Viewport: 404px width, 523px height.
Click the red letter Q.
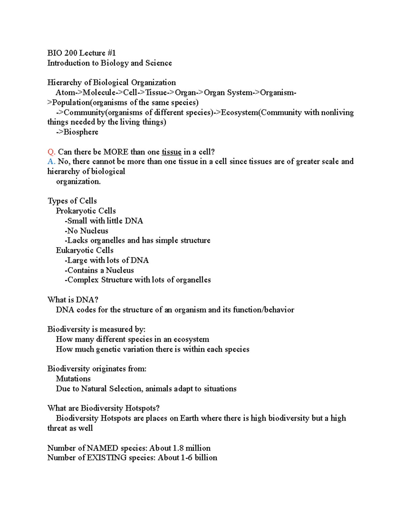(51, 152)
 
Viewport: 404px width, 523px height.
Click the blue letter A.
(51, 162)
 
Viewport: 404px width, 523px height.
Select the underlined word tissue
(171, 152)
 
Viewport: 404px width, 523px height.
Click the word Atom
(64, 93)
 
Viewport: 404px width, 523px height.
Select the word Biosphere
(81, 132)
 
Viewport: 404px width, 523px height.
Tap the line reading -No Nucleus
(87, 231)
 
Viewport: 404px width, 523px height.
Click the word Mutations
(73, 379)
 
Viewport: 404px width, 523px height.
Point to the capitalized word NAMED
(102, 448)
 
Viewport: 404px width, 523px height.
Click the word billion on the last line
(206, 458)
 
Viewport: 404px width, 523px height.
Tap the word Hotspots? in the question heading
(142, 408)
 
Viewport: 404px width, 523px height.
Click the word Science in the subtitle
(159, 63)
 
